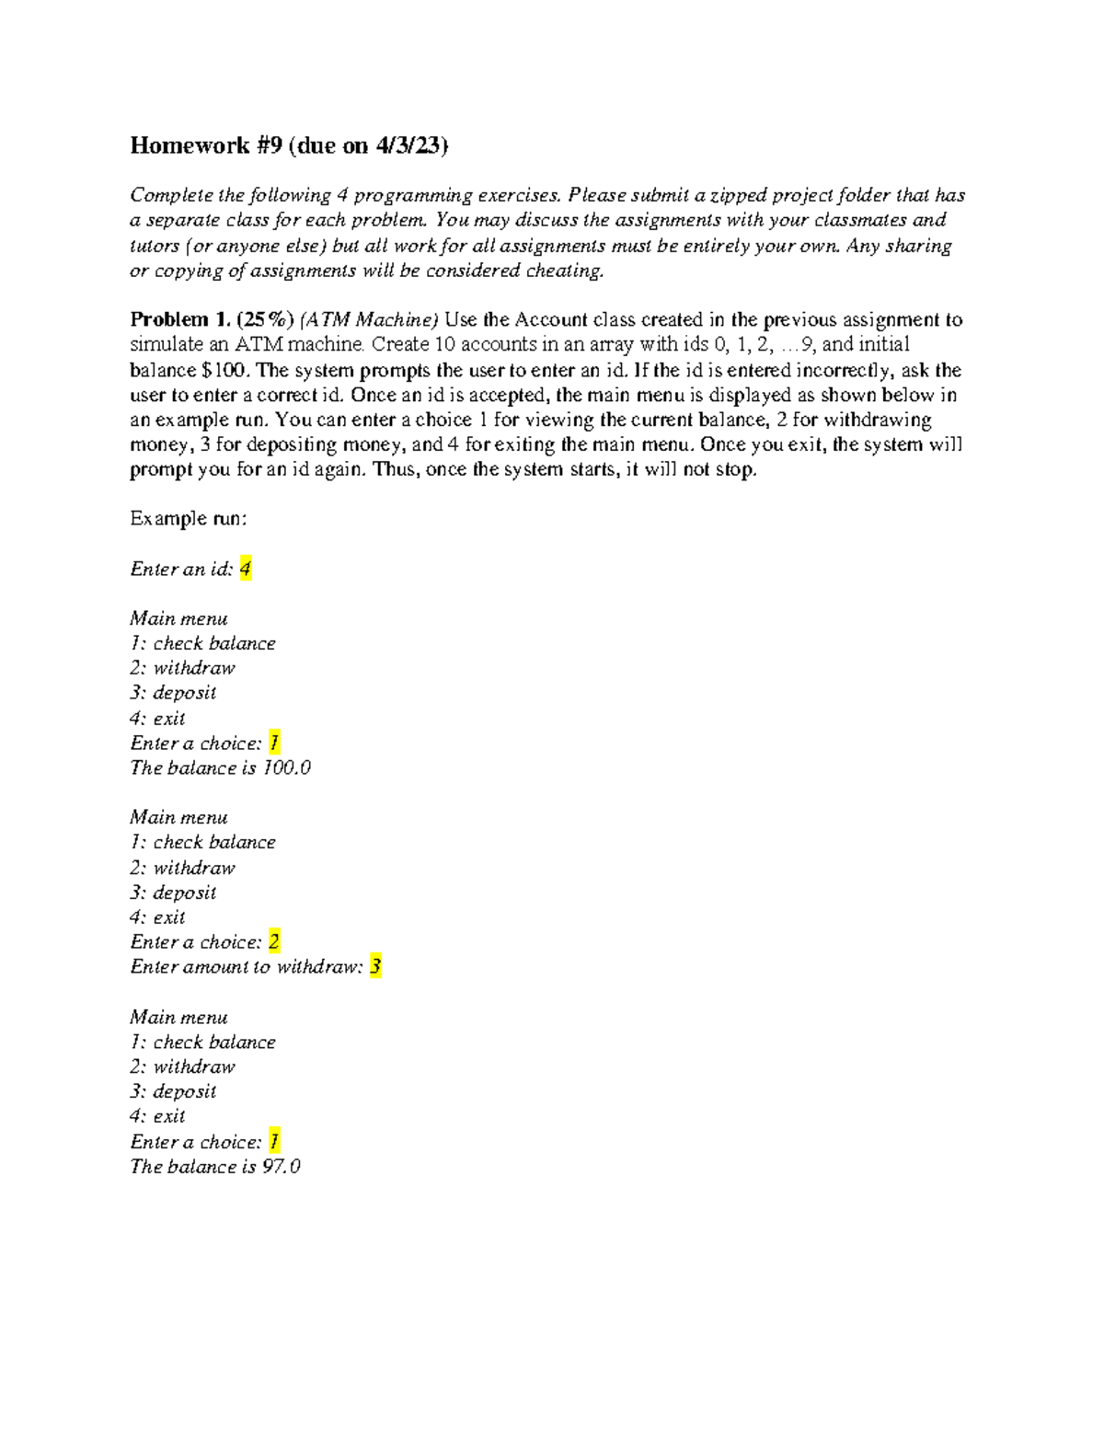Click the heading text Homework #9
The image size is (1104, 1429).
(x=190, y=145)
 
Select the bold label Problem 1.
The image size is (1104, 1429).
(x=180, y=320)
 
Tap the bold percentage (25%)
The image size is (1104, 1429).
(x=265, y=320)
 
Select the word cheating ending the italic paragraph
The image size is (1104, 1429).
(x=564, y=271)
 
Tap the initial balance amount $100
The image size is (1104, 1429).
(x=224, y=370)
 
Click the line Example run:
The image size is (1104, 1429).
(x=189, y=519)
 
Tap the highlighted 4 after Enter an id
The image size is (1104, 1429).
(x=245, y=569)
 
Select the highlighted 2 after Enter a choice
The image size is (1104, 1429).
(x=273, y=941)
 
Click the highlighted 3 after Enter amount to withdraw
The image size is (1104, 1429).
(x=375, y=966)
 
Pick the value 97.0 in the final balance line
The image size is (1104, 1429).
(x=281, y=1166)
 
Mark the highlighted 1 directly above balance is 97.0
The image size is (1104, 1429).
(x=273, y=1141)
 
